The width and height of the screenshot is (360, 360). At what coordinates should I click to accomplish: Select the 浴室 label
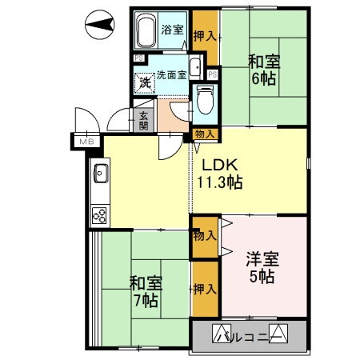point(173,30)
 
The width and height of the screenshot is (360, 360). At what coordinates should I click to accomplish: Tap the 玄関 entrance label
point(143,120)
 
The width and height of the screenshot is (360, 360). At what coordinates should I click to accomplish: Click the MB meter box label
point(85,142)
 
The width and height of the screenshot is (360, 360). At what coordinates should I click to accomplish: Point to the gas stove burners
point(102,214)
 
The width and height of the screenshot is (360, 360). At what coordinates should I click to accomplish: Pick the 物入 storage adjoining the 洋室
point(203,236)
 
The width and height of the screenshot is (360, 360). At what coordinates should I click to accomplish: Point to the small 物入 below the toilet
point(205,134)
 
